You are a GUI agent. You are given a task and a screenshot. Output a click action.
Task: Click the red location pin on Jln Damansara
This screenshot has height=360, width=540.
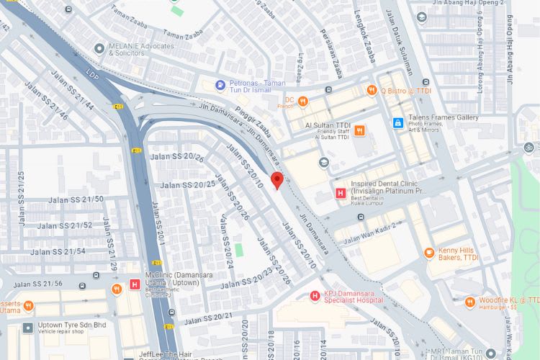pos(276,180)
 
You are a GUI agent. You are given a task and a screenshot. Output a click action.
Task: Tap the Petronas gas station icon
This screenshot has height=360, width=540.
pos(221,85)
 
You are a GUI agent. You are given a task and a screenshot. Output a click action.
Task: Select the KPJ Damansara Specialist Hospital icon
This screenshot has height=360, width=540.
pos(314,296)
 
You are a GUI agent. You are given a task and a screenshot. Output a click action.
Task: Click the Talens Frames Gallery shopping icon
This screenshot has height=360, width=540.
pos(397,123)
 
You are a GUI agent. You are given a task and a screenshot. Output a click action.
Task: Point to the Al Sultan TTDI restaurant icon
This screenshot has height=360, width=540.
pos(359,130)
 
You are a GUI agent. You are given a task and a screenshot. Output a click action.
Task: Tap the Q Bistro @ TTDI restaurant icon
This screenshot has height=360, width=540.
pos(372,91)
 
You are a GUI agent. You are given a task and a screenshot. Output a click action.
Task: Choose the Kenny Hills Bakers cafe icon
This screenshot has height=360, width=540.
pos(429,253)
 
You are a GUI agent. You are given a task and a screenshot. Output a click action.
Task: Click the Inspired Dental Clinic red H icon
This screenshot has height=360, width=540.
pos(341,192)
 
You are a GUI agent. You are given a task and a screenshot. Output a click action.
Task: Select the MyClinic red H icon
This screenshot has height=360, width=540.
pos(134,284)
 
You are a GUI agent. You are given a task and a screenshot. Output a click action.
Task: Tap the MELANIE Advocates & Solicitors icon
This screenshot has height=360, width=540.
pos(99,48)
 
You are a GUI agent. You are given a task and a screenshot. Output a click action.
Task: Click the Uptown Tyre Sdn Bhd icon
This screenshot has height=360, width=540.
pos(27,328)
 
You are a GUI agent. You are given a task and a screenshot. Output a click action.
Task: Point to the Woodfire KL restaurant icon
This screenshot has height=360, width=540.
pos(469,302)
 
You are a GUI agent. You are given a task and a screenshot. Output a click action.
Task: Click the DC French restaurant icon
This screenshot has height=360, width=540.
pos(303,101)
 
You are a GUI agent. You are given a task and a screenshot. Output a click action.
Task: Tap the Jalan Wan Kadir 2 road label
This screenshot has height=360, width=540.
pos(370,233)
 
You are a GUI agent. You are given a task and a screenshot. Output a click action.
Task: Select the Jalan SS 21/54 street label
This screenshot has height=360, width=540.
pos(58,252)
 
